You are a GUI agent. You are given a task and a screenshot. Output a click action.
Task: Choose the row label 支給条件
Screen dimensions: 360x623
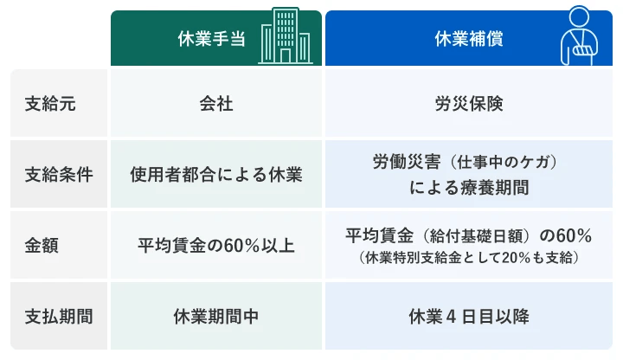tap(59, 173)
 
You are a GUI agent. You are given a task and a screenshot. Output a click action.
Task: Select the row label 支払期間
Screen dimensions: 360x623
tap(59, 316)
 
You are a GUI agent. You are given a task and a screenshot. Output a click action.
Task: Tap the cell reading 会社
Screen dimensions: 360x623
tap(215, 103)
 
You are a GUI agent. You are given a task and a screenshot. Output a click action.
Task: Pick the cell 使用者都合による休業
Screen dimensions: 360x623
tap(215, 173)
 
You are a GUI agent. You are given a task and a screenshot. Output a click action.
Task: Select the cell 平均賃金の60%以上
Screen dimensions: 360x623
tap(215, 245)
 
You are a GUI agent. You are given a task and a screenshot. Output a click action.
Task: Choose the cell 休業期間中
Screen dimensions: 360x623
tap(215, 316)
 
